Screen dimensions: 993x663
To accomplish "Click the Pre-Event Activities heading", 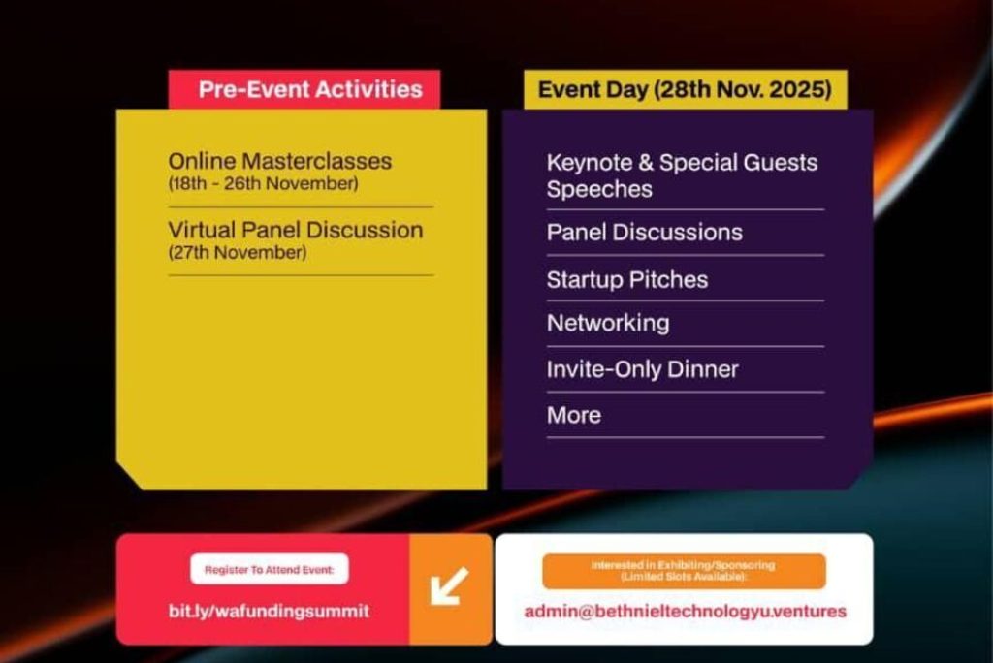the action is tap(310, 89).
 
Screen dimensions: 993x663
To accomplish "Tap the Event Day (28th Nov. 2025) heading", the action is tap(685, 89).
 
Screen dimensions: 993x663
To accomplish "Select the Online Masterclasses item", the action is tap(280, 161).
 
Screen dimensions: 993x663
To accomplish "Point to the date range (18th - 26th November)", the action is tap(264, 183).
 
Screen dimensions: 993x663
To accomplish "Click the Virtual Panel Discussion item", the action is tap(296, 229).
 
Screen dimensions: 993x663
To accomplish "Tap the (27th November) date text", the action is tap(238, 253).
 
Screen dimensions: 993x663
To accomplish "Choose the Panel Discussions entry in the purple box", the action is tap(645, 233).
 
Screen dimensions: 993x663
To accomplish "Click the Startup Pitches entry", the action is tap(627, 280).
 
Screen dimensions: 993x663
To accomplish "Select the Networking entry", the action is tap(608, 324).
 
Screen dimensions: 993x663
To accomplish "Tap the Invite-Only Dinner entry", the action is tap(643, 369).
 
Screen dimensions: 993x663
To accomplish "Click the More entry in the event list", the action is tap(574, 416).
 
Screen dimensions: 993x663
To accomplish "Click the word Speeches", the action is tap(599, 189).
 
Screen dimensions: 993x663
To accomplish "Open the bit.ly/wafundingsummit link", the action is tap(270, 611).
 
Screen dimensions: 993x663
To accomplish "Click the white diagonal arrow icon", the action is tap(449, 585).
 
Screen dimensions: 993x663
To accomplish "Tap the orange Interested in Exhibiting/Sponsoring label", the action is tap(684, 571).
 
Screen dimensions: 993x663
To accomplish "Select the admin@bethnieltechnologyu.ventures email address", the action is tap(686, 611).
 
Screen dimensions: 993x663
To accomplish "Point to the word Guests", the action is tap(781, 163).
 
